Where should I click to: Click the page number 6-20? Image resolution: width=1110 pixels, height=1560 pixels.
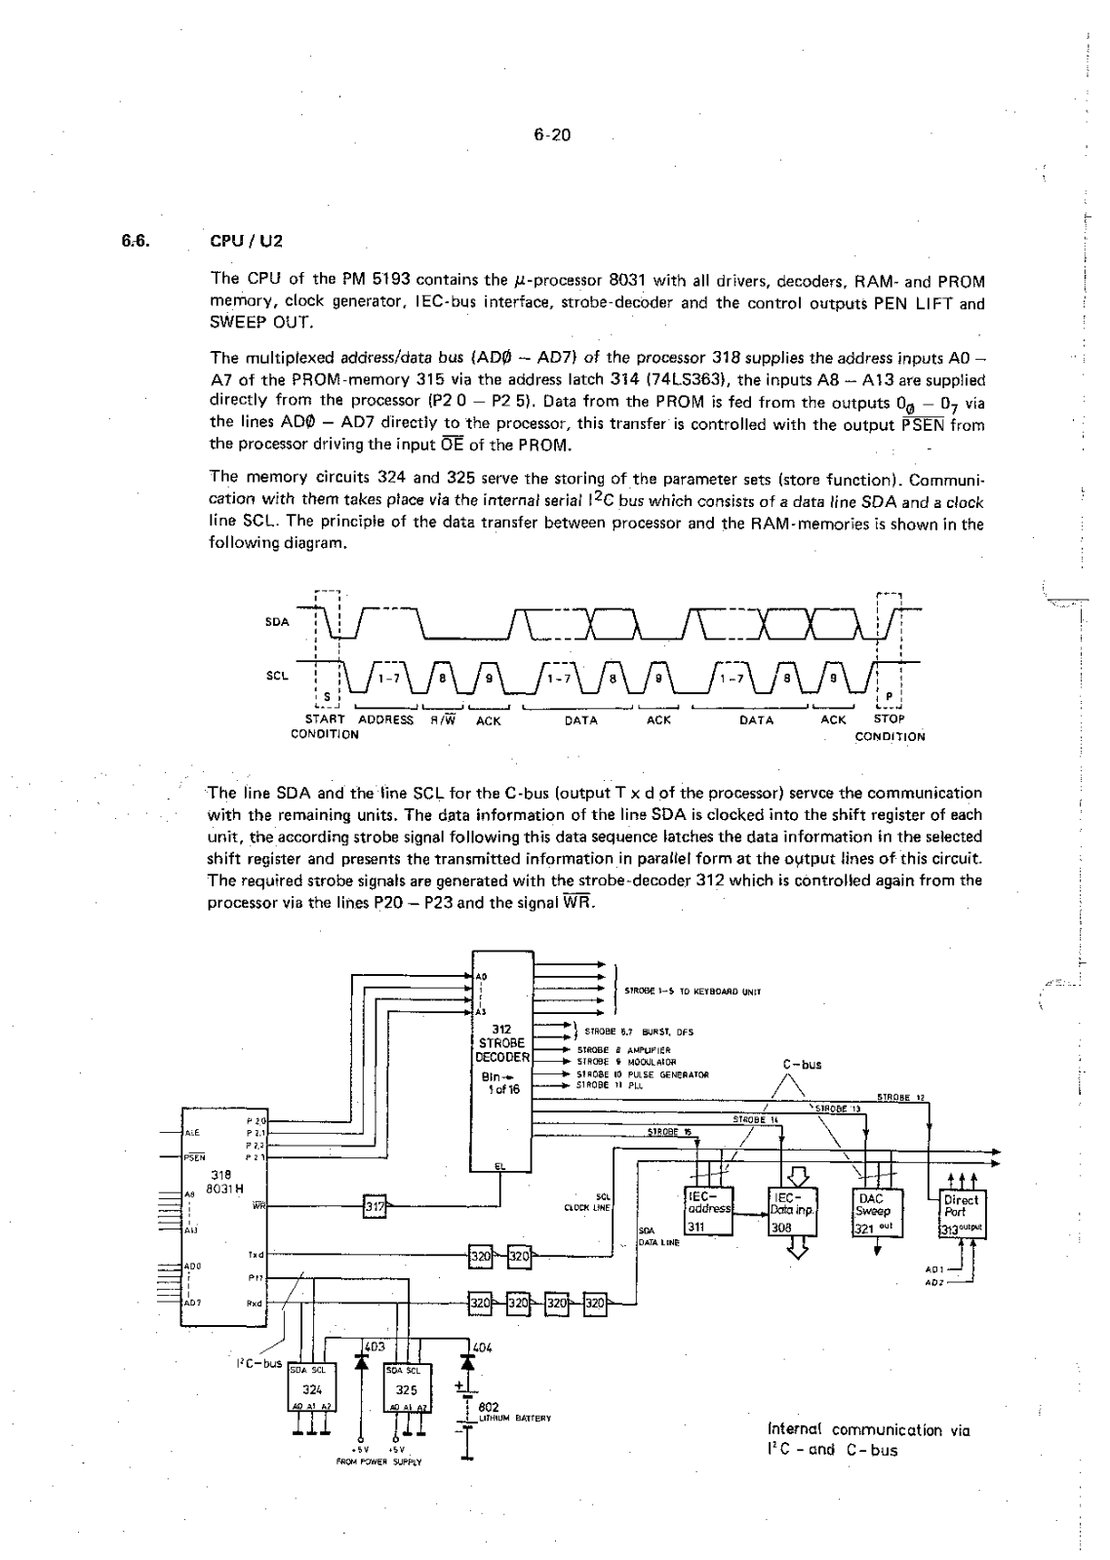[551, 136]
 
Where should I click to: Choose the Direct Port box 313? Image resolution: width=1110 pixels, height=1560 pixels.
[962, 1212]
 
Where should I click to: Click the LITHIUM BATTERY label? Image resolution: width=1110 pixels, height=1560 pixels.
[514, 1417]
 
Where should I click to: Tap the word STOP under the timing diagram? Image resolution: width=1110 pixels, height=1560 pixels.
[889, 721]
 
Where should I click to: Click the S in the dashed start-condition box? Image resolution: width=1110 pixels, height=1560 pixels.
[326, 695]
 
